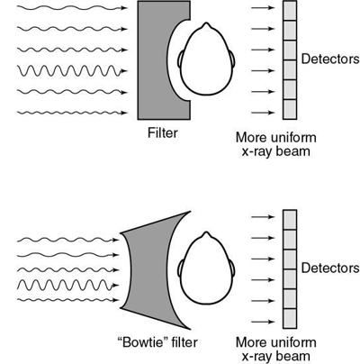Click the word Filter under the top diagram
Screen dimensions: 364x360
tap(164, 132)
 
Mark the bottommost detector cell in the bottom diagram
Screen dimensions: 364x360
tap(289, 316)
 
